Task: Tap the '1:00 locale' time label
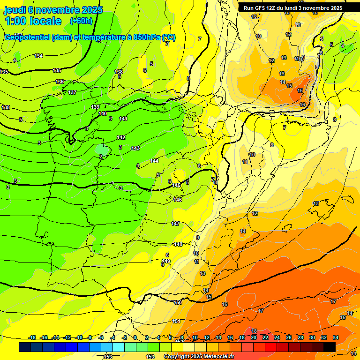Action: pos(33,21)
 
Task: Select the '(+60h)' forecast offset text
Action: pos(81,21)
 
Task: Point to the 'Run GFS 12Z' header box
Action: pos(293,8)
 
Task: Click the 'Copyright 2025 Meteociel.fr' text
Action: pos(199,357)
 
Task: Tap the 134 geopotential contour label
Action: pos(38,56)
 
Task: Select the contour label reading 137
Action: pos(72,92)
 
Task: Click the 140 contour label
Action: pos(103,114)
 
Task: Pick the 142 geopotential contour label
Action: pos(121,138)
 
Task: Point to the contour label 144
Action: pos(154,161)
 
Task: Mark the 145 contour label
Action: pos(176,186)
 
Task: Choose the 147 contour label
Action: pos(175,224)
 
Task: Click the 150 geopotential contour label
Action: pos(178,303)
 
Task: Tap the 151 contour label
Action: pos(176,321)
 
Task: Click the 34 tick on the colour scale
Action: pos(335,338)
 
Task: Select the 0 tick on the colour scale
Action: pos(135,338)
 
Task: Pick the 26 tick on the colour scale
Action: pos(289,338)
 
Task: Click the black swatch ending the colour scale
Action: pos(330,347)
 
